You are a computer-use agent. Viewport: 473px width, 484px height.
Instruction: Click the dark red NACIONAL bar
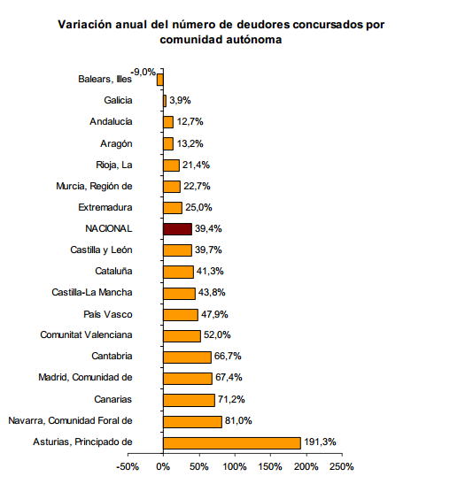(178, 229)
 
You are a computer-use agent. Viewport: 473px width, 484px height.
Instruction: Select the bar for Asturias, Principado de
(232, 443)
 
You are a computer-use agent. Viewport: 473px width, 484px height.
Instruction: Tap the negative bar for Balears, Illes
(160, 80)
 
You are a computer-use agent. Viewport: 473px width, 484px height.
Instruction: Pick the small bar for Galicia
(165, 101)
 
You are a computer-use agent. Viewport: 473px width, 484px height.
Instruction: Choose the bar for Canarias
(189, 400)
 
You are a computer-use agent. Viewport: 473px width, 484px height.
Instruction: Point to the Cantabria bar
(187, 357)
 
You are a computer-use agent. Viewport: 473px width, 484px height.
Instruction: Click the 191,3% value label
(320, 442)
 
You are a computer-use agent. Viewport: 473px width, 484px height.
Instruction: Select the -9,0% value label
(143, 73)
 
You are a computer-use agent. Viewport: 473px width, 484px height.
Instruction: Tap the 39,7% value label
(208, 250)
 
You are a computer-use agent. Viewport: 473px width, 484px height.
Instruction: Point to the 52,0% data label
(217, 335)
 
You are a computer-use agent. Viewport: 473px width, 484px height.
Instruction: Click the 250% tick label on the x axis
(342, 466)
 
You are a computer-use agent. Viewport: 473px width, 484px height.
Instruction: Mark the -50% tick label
(128, 466)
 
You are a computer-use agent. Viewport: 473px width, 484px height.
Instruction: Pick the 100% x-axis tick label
(235, 466)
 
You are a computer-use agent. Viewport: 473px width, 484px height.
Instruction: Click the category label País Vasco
(108, 314)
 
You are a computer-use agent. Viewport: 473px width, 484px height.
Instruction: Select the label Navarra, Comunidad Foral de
(71, 420)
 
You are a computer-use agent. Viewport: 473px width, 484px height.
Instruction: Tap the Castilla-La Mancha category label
(92, 292)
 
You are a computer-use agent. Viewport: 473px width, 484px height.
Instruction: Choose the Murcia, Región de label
(94, 187)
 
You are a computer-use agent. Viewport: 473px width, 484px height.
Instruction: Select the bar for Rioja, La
(172, 165)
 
